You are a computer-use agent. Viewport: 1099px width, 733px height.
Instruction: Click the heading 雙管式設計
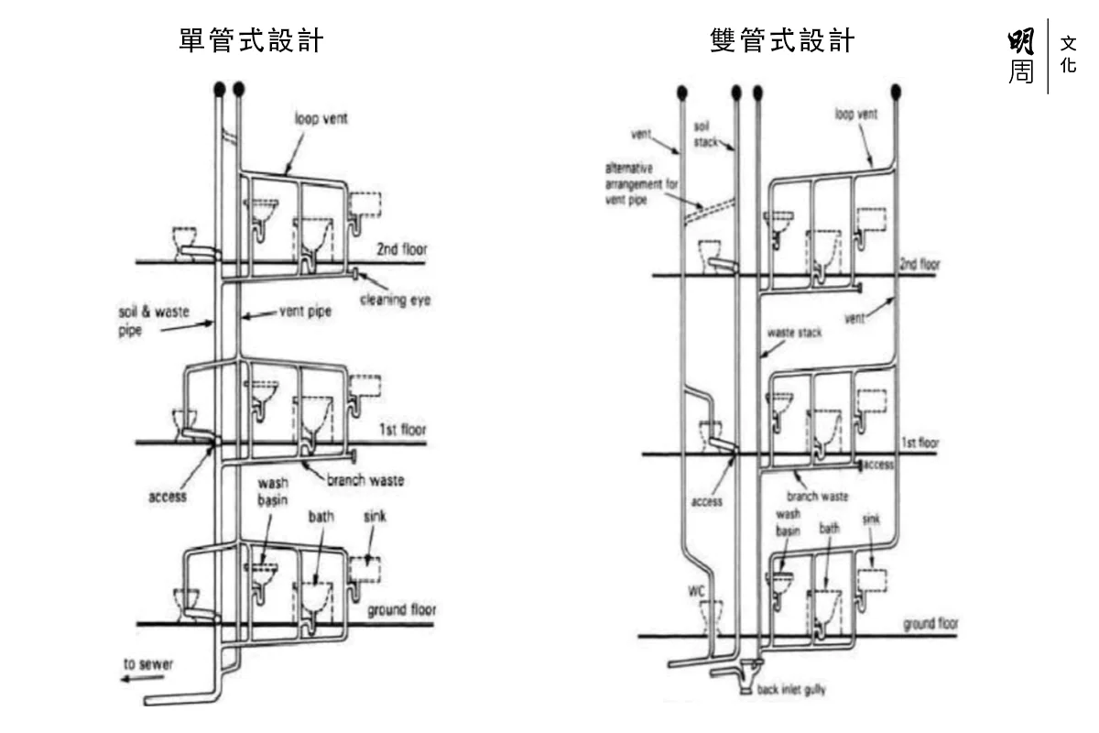(781, 41)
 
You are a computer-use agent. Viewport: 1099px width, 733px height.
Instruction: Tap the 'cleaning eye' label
(396, 300)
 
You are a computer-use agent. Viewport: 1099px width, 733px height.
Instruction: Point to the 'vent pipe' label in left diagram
(305, 312)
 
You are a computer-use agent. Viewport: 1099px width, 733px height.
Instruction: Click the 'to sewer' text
(148, 662)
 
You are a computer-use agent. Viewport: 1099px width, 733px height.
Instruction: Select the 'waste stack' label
(794, 334)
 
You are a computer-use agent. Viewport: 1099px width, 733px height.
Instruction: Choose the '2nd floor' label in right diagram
(919, 265)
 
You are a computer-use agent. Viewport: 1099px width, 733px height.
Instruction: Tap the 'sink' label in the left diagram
(374, 518)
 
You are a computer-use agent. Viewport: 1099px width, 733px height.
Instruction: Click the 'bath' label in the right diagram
(829, 529)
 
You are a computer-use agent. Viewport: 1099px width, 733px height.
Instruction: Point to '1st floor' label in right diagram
(920, 443)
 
